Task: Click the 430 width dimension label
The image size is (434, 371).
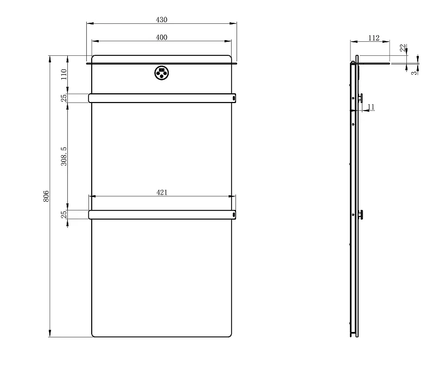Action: tap(162, 20)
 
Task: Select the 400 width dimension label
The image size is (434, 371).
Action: tap(162, 37)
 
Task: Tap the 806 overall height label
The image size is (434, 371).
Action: tap(46, 196)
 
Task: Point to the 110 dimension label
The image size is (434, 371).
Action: tap(64, 74)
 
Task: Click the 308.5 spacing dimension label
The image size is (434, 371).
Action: tap(64, 156)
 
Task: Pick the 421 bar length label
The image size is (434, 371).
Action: tap(162, 192)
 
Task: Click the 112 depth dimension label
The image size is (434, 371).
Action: tap(374, 38)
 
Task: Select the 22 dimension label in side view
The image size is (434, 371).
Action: tap(403, 48)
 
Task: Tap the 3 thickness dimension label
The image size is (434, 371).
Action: tap(414, 73)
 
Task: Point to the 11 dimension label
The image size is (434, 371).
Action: tap(371, 107)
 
